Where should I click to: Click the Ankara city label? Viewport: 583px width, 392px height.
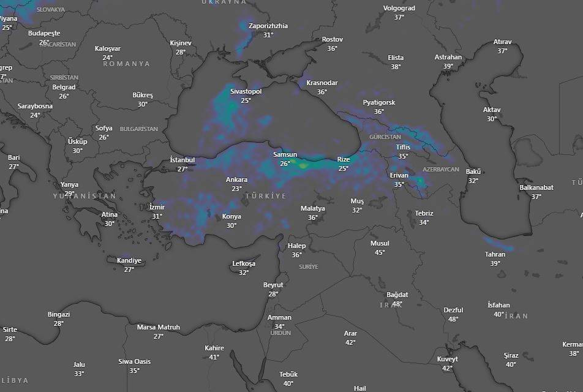point(236,179)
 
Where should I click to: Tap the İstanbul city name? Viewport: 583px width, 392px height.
point(182,160)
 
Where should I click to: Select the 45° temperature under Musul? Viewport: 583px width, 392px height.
point(380,252)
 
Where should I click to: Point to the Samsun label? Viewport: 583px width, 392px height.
point(285,154)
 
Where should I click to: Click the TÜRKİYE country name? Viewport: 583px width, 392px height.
point(265,195)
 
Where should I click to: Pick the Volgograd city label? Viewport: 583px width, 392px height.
point(399,9)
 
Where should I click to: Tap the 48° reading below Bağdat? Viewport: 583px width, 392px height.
point(397,304)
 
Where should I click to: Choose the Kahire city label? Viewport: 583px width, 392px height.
point(214,348)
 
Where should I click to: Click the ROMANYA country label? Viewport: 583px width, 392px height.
point(126,64)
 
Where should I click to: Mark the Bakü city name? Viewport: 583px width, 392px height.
point(473,171)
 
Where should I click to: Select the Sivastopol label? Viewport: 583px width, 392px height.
point(246,91)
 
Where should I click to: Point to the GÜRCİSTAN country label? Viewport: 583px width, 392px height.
point(385,137)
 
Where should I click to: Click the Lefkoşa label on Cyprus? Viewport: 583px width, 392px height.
point(244,263)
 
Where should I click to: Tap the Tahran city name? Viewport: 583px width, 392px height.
point(495,254)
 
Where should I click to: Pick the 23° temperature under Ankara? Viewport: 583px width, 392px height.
point(236,189)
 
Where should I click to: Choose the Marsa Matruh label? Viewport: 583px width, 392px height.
point(158,327)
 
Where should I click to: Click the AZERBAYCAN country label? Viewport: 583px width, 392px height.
point(440,169)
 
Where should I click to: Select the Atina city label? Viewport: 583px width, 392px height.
point(109,214)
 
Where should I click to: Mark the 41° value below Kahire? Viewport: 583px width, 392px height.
point(214,357)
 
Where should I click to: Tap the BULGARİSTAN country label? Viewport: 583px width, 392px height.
point(138,129)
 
